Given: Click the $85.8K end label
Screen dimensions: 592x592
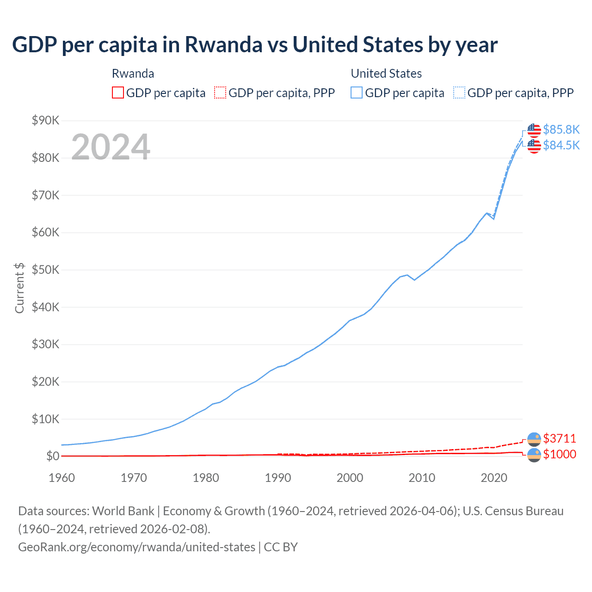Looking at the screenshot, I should [x=561, y=129].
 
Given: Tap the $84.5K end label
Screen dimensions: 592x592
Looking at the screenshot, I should [x=561, y=145].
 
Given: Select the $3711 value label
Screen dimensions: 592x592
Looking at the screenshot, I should [x=559, y=438].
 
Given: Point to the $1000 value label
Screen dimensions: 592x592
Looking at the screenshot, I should [x=559, y=454].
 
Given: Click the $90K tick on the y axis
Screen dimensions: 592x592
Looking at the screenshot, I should [x=45, y=121].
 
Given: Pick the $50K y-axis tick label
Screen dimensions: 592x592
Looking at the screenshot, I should [x=45, y=270].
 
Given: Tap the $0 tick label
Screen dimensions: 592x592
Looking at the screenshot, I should [x=53, y=456].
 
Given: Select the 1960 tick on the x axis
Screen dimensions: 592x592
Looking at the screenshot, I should [x=62, y=478].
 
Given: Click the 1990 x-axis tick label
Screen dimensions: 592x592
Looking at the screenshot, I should [x=277, y=478].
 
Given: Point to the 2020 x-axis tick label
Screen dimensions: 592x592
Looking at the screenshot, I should [x=493, y=478].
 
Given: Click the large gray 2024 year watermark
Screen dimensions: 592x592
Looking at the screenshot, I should [x=111, y=147].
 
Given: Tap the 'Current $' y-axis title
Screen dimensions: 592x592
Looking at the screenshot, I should [x=19, y=288].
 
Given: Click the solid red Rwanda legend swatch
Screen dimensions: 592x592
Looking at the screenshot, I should [x=118, y=93].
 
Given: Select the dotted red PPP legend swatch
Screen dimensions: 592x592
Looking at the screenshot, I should [x=220, y=93].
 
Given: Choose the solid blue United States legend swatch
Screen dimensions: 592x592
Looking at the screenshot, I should [x=357, y=93].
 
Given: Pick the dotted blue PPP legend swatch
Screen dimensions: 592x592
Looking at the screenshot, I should [x=459, y=93].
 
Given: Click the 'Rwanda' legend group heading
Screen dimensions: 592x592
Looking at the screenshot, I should [x=133, y=74].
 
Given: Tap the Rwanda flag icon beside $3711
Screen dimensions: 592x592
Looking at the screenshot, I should [x=534, y=439].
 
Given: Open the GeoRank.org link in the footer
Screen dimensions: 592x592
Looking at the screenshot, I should [x=136, y=547].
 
